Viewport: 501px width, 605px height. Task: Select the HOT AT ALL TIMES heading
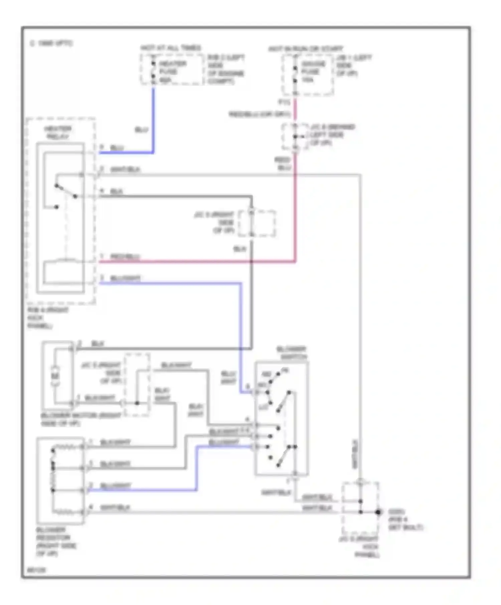click(171, 48)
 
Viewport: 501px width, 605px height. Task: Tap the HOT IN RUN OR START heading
click(306, 49)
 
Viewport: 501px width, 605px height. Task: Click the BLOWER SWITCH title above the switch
click(291, 353)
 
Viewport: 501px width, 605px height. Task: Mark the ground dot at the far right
click(378, 512)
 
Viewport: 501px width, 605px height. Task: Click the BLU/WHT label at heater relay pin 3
click(125, 278)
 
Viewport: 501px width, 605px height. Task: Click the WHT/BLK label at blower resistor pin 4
click(115, 507)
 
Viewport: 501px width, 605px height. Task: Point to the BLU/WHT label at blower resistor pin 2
click(116, 486)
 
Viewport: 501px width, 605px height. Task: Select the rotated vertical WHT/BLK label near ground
click(355, 454)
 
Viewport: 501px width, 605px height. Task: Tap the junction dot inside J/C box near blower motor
click(137, 403)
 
